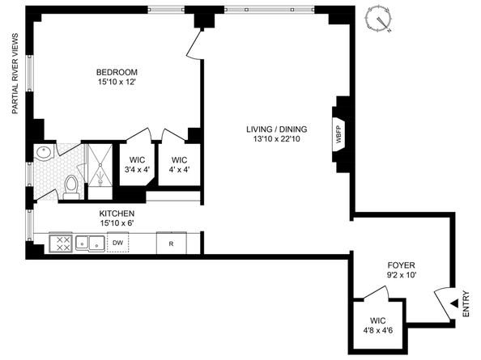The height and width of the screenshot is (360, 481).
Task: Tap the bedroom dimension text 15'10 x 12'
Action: pos(117,82)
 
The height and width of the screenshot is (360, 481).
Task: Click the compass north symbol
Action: pos(377,19)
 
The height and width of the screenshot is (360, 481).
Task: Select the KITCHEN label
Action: pos(117,214)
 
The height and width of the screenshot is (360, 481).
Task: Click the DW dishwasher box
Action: pos(118,241)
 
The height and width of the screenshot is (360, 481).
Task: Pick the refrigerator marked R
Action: pos(172,241)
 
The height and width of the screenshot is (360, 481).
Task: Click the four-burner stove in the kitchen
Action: pos(60,241)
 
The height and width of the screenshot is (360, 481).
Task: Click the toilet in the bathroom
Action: pos(70,186)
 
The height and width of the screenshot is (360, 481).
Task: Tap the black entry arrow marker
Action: pos(453,303)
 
